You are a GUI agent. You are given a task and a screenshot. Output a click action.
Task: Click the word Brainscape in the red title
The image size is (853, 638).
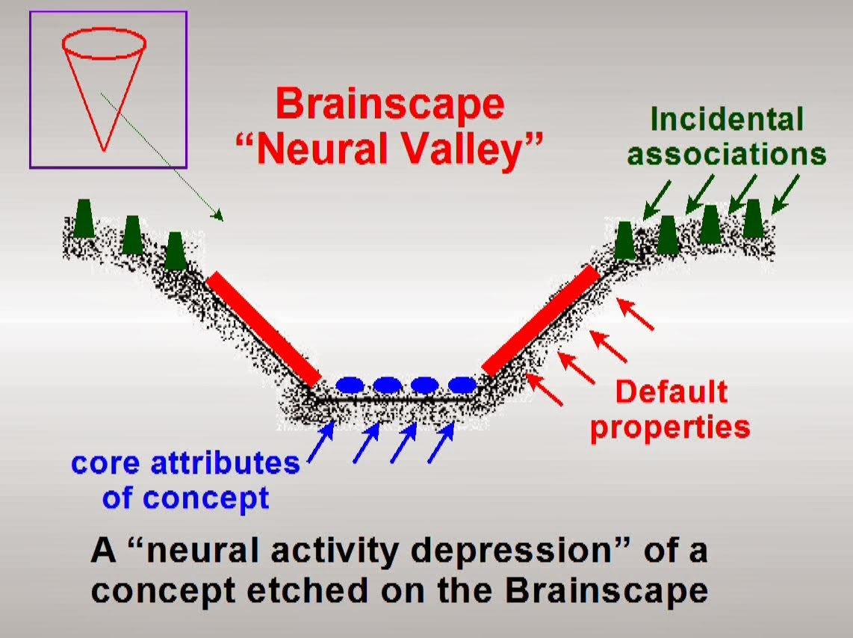[390, 104]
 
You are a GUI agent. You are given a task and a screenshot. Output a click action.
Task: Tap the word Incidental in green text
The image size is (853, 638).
[727, 119]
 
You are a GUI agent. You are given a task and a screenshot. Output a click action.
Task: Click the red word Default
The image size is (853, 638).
[671, 391]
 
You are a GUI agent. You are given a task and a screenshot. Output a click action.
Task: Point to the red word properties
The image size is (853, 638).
[670, 428]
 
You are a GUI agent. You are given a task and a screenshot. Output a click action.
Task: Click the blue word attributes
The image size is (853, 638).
[225, 463]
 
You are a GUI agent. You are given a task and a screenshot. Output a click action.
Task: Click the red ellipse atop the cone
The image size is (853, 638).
[104, 43]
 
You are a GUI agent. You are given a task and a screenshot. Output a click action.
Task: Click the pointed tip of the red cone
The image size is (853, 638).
[104, 151]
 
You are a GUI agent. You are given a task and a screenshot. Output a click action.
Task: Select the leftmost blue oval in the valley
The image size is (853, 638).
[350, 385]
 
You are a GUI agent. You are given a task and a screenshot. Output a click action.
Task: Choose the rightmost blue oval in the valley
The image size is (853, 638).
[462, 385]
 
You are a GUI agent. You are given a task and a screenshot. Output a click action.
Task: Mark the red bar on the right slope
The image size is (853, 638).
[541, 321]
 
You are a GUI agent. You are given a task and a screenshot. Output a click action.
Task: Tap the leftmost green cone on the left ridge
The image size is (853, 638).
[84, 218]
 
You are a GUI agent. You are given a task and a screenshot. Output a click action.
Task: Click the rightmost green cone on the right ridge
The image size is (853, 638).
[753, 219]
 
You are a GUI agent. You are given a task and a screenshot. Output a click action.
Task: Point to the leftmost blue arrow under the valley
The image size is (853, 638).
[321, 443]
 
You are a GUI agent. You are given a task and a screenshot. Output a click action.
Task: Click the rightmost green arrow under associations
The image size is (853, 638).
[786, 193]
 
